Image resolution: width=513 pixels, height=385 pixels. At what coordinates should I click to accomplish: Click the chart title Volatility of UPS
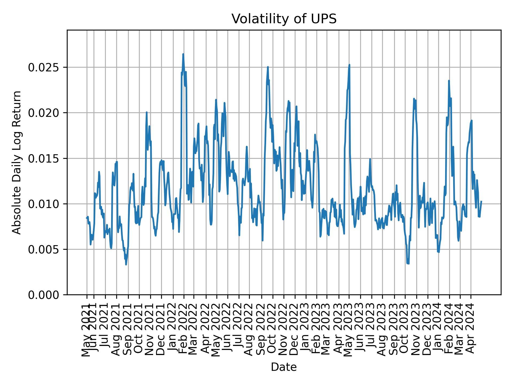[284, 19]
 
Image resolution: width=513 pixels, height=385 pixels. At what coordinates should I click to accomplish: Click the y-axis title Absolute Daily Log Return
[17, 162]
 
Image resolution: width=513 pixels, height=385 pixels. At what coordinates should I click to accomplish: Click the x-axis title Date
[284, 367]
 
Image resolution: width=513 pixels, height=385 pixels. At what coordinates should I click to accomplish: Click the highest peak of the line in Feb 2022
[183, 54]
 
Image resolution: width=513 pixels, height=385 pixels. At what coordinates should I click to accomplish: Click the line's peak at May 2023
[349, 65]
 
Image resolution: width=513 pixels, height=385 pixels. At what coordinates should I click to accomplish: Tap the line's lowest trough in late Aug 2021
[126, 264]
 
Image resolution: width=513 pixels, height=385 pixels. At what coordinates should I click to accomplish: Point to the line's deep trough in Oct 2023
[408, 264]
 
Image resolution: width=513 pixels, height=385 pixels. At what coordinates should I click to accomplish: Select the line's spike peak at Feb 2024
[449, 81]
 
